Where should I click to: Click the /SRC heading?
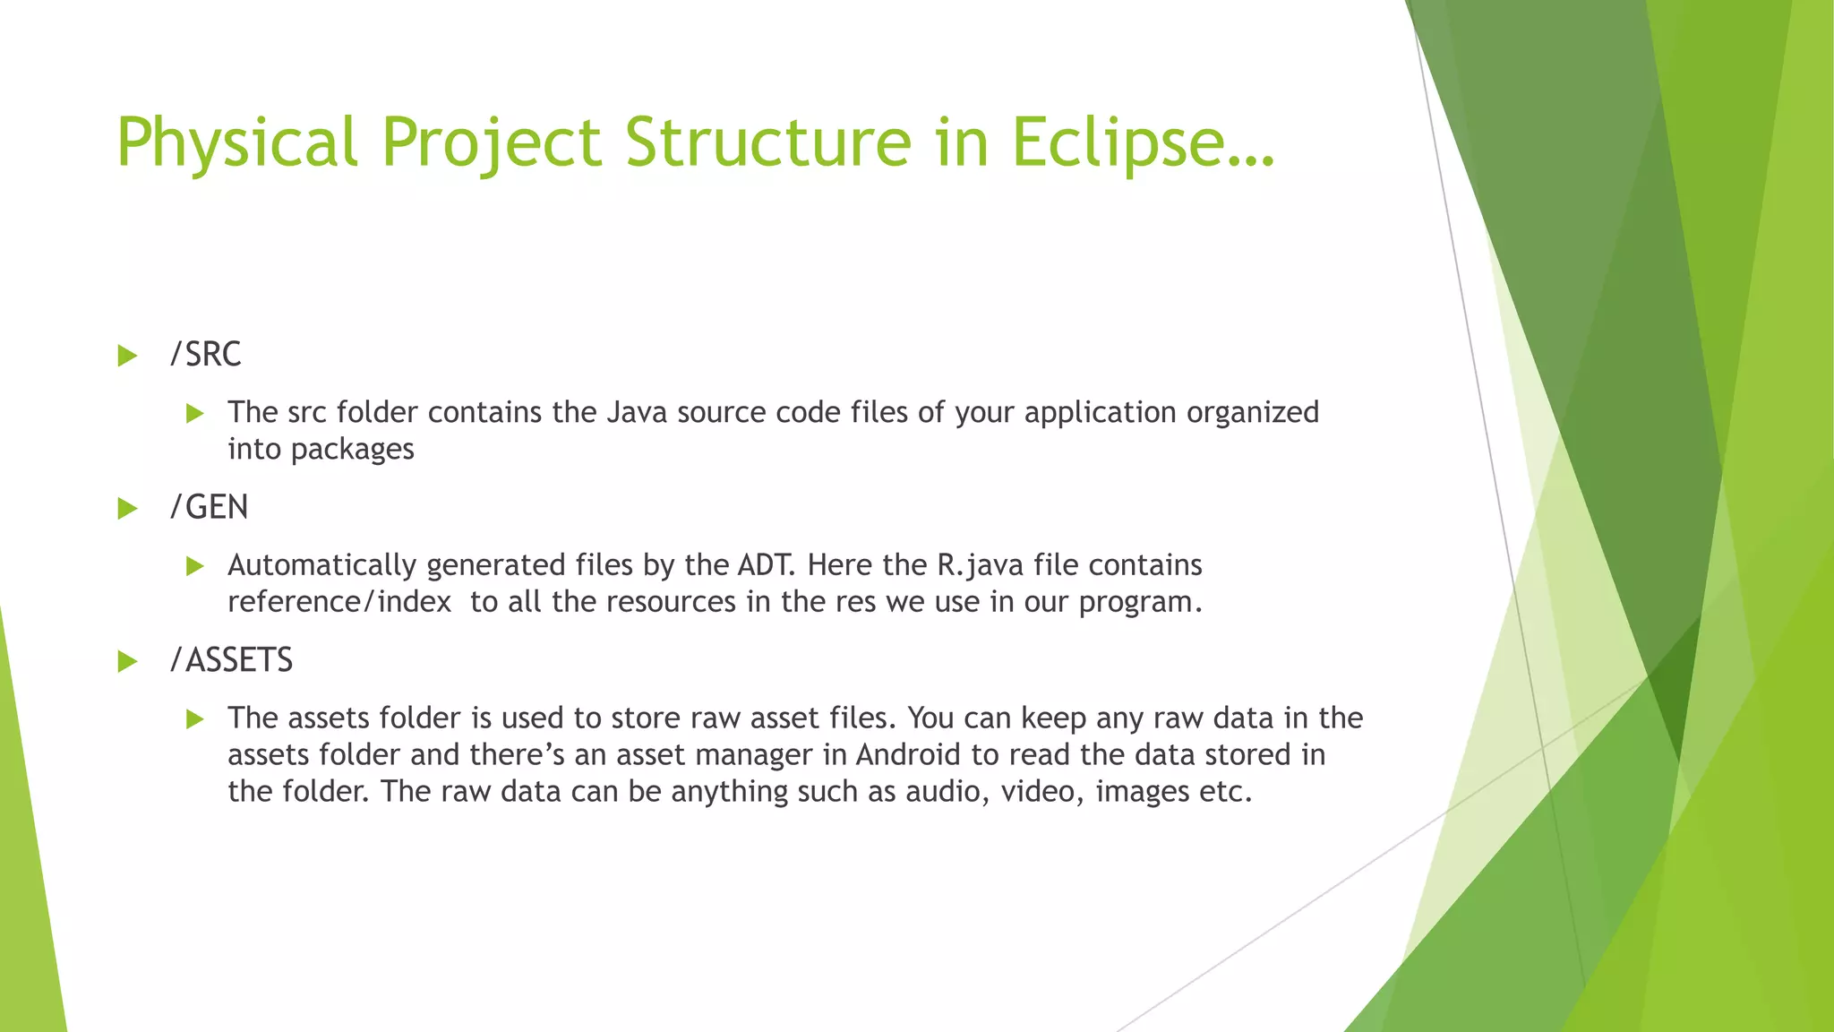[206, 355]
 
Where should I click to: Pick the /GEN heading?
[210, 508]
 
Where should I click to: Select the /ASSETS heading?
[232, 661]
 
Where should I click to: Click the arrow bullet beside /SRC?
[127, 357]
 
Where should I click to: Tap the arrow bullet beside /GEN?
[127, 510]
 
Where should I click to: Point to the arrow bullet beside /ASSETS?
[127, 663]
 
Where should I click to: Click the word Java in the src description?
[637, 412]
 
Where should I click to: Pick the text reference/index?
[339, 602]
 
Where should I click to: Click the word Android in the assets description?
[908, 755]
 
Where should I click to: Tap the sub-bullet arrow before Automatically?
[195, 566]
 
